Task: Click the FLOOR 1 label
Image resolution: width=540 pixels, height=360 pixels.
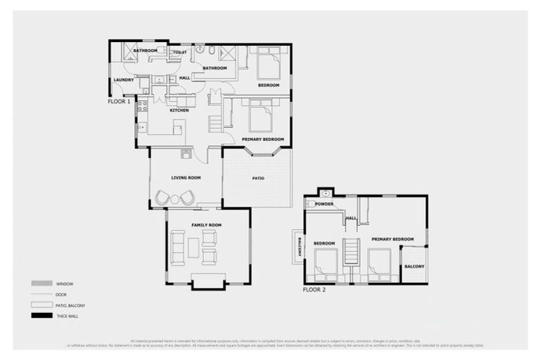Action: (118, 102)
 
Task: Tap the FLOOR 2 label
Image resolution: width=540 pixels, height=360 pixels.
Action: (314, 290)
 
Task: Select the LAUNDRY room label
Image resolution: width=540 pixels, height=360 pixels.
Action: (123, 79)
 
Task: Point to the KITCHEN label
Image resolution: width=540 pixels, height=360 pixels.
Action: (179, 110)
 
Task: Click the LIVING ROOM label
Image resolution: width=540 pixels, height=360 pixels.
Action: (186, 178)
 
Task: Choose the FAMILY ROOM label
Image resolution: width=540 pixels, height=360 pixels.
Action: (206, 225)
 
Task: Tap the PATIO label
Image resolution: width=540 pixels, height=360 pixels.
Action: (258, 178)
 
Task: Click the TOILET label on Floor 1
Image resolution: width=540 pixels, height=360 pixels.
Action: (180, 52)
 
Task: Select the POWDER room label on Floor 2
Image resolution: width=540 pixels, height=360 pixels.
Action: (323, 205)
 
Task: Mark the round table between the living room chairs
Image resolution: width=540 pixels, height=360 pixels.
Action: (176, 198)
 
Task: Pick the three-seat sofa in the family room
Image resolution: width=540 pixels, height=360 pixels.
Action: (177, 247)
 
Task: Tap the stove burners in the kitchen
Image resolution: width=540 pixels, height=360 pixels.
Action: (142, 105)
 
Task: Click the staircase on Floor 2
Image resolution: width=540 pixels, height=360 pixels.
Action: (351, 251)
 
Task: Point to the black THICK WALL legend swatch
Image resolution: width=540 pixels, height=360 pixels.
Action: (38, 316)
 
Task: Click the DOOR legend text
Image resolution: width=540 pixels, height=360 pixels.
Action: (61, 295)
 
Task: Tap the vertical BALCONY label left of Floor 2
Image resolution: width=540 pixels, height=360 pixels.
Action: (300, 246)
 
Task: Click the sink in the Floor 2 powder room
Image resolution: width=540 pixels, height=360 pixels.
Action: (325, 193)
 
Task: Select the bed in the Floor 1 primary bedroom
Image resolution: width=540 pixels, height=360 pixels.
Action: (260, 116)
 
